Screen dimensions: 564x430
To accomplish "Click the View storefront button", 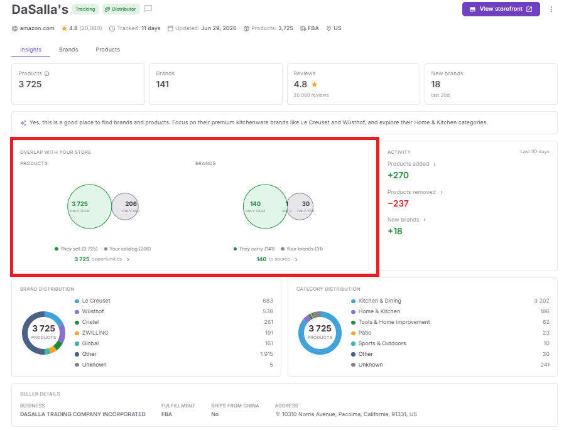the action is tap(501, 9).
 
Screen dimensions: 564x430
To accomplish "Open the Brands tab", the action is tap(68, 50).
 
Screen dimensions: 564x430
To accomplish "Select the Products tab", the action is tap(107, 50).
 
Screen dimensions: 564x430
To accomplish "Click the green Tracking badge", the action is tap(85, 9).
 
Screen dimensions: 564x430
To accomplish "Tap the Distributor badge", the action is tap(121, 9).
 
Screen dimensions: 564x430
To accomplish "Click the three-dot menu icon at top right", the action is tap(551, 9).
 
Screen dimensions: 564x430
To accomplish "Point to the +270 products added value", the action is tap(398, 175).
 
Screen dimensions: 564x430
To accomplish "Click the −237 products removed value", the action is tap(398, 203).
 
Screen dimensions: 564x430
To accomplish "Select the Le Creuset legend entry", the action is tap(96, 301).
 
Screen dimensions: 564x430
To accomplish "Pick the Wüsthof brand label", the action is tap(93, 311).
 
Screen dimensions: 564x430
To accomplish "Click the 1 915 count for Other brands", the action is tap(266, 354).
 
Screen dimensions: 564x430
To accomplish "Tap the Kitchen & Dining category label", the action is tap(379, 301).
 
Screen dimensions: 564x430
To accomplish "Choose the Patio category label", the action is tap(365, 333).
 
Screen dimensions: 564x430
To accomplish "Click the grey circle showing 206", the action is tap(125, 207).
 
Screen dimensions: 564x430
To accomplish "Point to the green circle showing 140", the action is tap(265, 207).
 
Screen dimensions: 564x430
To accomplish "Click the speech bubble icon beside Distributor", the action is tap(148, 9).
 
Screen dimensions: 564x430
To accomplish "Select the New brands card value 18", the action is tap(436, 84).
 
